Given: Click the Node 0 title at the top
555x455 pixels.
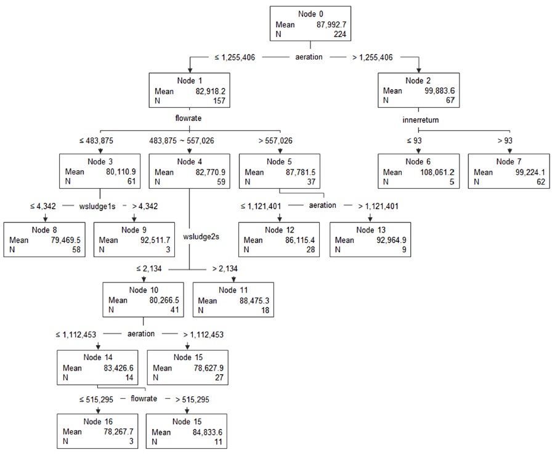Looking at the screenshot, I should coord(310,14).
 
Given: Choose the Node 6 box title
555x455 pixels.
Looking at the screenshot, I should coord(418,162).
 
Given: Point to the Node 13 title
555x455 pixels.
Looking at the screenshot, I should coord(370,229).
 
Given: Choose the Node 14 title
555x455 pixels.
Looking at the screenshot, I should coord(98,357).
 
